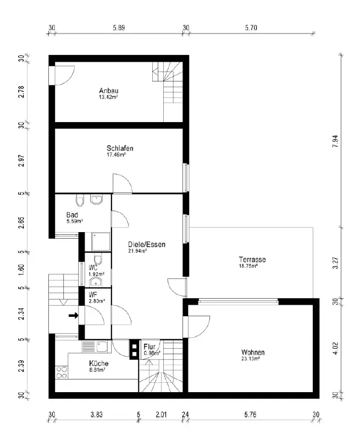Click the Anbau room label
tap(109, 91)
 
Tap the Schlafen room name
tap(120, 148)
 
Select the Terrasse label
tap(252, 260)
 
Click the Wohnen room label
tap(253, 352)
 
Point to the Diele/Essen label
tap(147, 244)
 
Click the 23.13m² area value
tap(251, 359)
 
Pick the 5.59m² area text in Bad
tap(75, 221)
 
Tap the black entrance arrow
tap(74, 316)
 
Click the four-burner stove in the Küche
tap(62, 372)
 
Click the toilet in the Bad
tap(80, 200)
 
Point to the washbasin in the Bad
tap(96, 199)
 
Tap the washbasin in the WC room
tap(96, 282)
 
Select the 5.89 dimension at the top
tap(119, 28)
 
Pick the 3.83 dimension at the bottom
tap(96, 415)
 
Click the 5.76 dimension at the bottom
tap(250, 415)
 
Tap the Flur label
tap(149, 347)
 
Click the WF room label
tap(93, 295)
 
